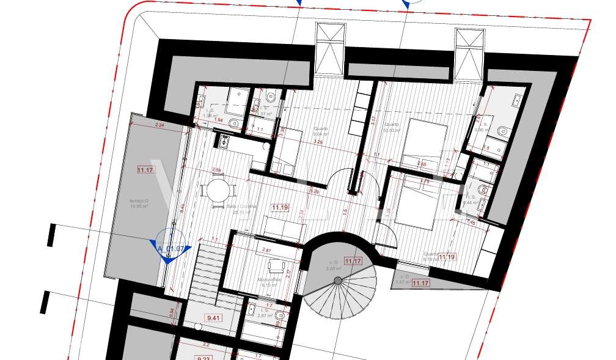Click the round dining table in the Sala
[x=218, y=190]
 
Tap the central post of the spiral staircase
[x=338, y=280]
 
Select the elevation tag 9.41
[x=214, y=318]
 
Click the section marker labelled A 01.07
[x=171, y=248]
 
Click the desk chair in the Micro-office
[x=276, y=264]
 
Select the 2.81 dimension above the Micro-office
[x=266, y=251]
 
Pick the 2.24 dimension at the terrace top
[x=160, y=125]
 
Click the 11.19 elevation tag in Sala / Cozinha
[x=280, y=208]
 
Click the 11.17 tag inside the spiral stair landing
[x=353, y=261]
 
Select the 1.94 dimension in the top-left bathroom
[x=219, y=120]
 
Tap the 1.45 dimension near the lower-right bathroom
[x=471, y=222]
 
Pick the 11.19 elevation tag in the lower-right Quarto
[x=446, y=257]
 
